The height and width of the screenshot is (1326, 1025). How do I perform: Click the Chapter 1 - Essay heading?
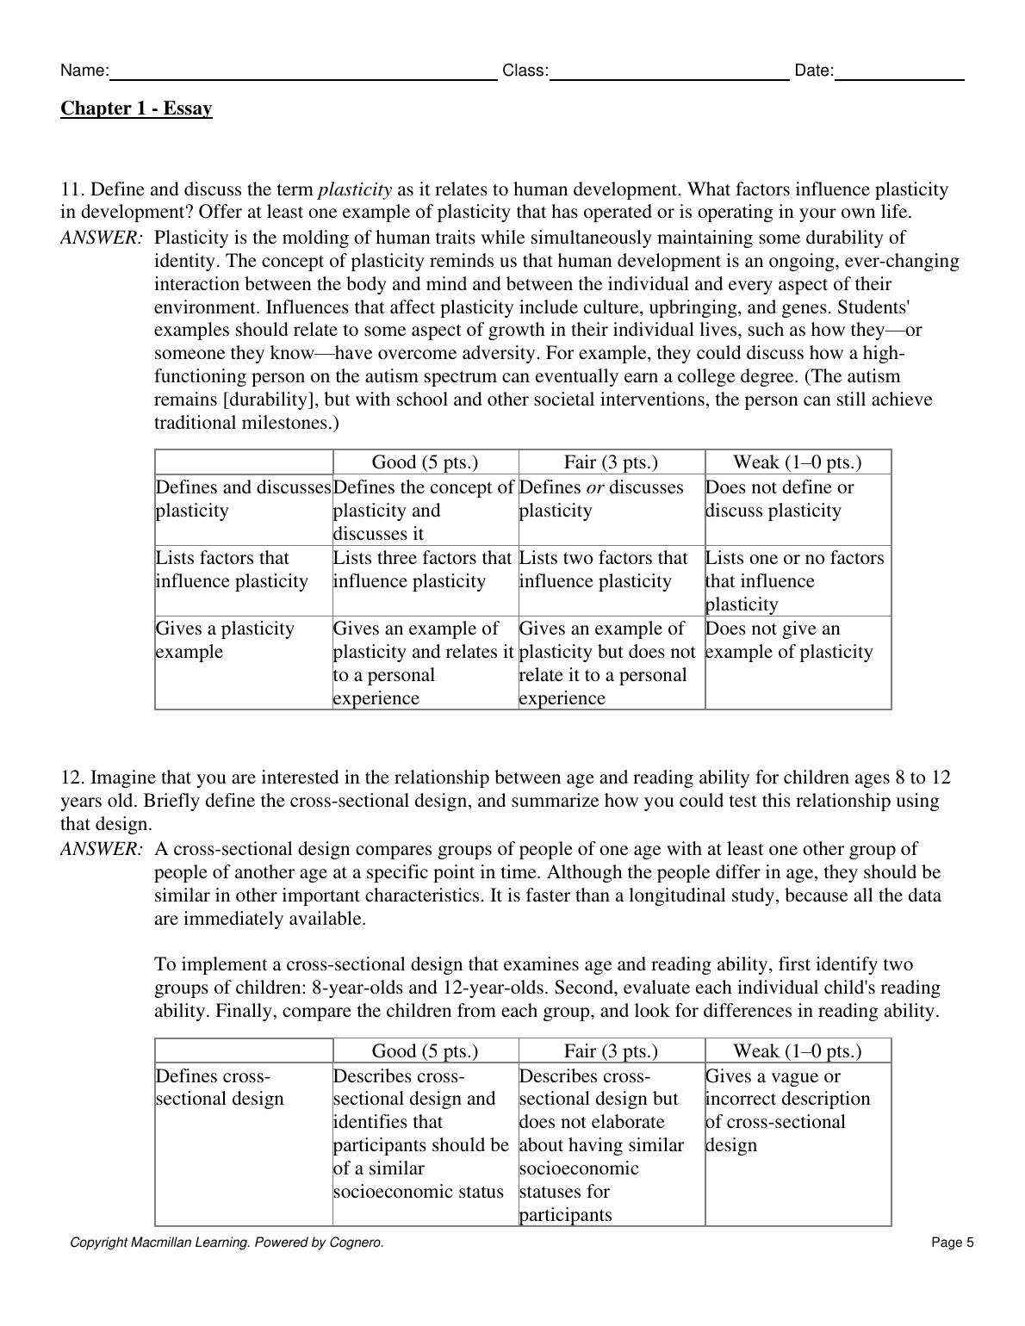[x=136, y=108]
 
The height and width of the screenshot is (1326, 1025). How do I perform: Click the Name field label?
[x=84, y=71]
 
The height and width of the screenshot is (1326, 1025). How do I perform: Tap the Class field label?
[x=525, y=71]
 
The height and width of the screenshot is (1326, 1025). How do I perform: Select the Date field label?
[x=814, y=71]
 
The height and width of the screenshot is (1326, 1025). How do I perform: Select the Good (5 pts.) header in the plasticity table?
[x=425, y=462]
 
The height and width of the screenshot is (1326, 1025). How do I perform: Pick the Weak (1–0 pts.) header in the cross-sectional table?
[x=797, y=1051]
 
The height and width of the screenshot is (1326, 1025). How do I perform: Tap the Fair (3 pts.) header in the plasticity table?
[x=611, y=462]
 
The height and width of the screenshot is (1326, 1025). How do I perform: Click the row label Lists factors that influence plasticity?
[x=231, y=570]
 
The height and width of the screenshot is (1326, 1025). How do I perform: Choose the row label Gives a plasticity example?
[x=225, y=640]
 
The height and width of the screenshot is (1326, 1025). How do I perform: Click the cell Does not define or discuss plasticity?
[x=780, y=499]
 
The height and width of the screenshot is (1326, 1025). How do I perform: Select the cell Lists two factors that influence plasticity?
[x=603, y=570]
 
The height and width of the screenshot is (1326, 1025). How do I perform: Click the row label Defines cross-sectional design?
[x=219, y=1087]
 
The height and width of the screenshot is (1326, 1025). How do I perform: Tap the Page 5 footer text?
[x=952, y=1242]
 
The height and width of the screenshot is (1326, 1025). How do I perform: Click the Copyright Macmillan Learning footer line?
[x=227, y=1242]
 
